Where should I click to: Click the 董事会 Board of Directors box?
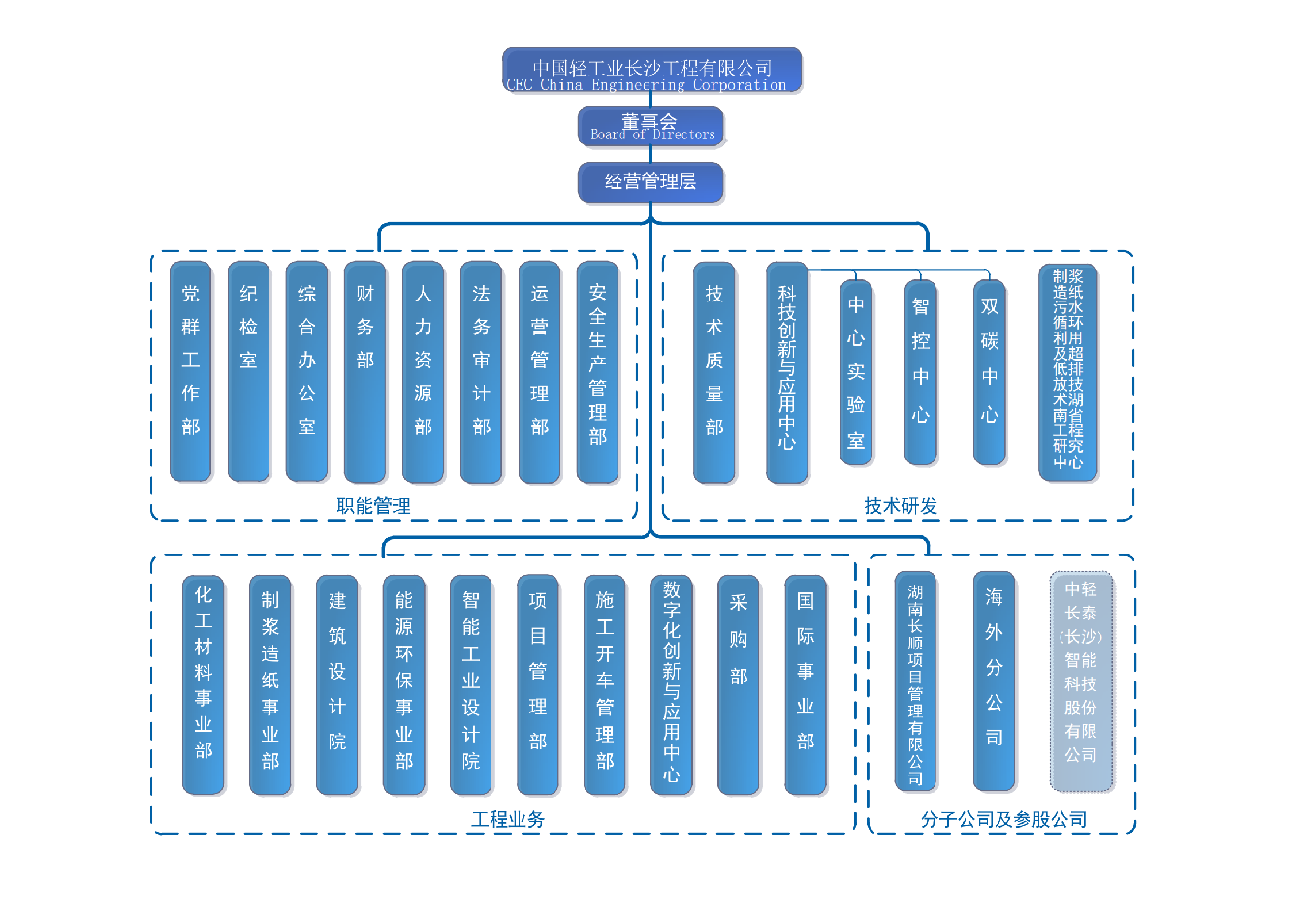(x=650, y=127)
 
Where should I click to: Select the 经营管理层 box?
(x=650, y=182)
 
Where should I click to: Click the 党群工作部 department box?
(x=191, y=372)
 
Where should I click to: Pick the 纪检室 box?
(x=249, y=372)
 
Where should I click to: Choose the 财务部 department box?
(x=365, y=372)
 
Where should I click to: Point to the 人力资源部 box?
(x=424, y=372)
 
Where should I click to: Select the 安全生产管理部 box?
(x=598, y=372)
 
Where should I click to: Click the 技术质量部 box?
(x=714, y=372)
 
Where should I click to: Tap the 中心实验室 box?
(x=856, y=373)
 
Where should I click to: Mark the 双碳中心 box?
(x=990, y=373)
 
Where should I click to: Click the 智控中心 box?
(x=921, y=373)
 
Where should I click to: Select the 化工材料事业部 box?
(x=204, y=685)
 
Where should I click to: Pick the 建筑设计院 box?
(x=337, y=685)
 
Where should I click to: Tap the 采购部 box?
(x=739, y=685)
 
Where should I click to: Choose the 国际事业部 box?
(x=806, y=685)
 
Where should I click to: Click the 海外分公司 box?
(x=995, y=681)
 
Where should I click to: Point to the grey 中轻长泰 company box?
(x=1081, y=681)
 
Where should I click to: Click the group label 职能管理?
(x=373, y=506)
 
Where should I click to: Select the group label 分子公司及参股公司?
(x=1003, y=820)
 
